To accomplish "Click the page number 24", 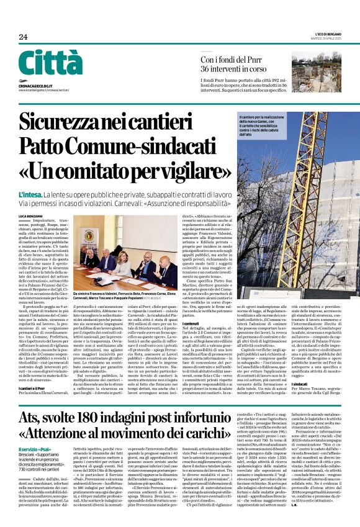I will click(23, 37).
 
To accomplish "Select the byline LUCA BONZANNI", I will click(32, 215).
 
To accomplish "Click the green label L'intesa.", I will click(30, 193).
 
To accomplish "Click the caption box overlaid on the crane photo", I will click(266, 125).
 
